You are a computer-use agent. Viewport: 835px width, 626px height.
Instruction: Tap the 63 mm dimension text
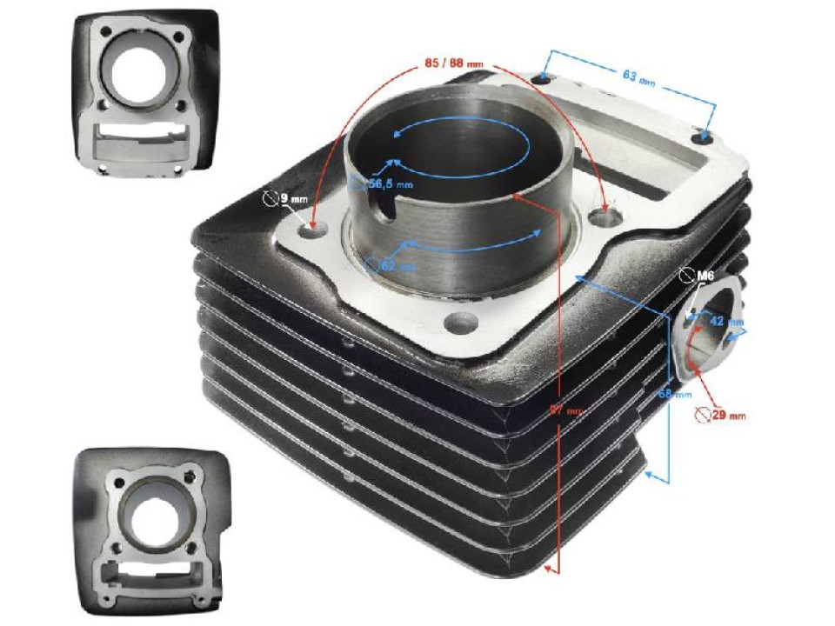coord(638,77)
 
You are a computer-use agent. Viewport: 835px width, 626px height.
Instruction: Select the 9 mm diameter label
coord(291,200)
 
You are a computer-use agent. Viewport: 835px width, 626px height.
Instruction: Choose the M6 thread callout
coord(705,276)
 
